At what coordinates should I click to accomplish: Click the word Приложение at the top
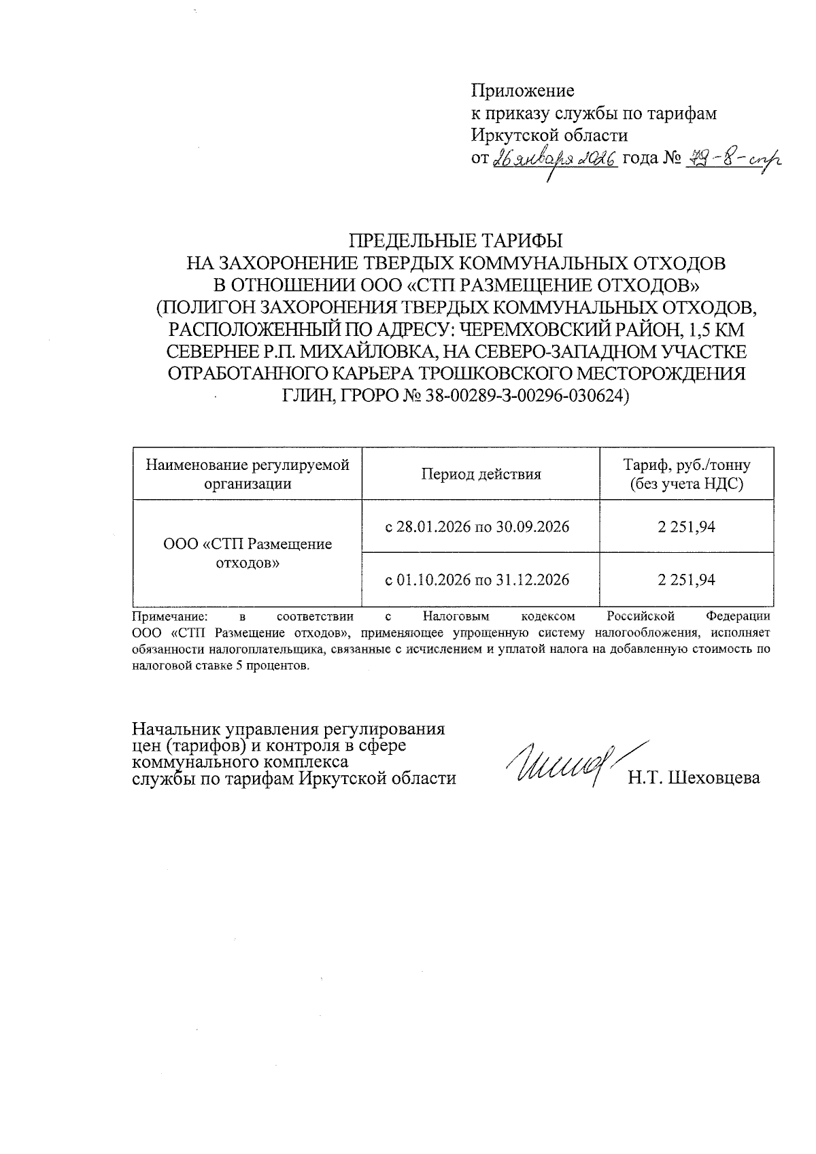point(522,90)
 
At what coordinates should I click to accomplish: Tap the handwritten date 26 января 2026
point(555,159)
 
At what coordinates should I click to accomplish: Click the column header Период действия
point(481,475)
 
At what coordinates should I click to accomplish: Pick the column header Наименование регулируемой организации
point(248,474)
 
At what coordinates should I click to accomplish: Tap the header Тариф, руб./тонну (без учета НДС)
point(686,474)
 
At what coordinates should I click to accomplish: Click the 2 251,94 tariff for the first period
point(686,527)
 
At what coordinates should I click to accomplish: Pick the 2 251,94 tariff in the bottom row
point(686,580)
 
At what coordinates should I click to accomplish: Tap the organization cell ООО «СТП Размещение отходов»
point(248,554)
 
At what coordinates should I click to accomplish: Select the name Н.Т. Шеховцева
point(694,778)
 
